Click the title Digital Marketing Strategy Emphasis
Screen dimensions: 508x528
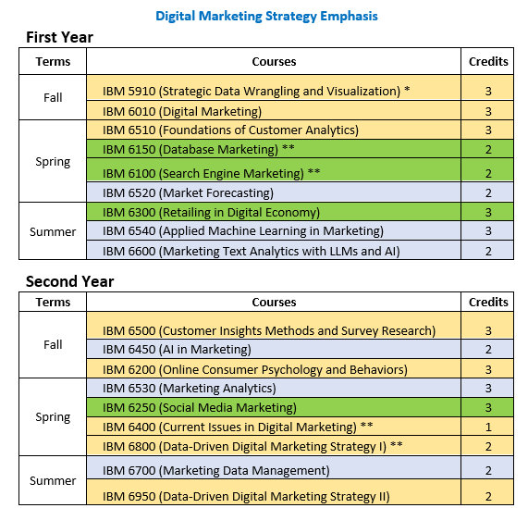[266, 16]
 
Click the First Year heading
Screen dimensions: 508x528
[59, 37]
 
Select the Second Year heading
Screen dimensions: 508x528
[69, 281]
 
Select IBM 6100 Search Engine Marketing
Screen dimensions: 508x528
[211, 173]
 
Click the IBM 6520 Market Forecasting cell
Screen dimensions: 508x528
[188, 192]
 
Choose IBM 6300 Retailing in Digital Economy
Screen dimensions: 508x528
[211, 212]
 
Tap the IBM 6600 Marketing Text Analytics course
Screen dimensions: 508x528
[251, 251]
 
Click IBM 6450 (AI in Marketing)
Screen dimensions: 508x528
[177, 349]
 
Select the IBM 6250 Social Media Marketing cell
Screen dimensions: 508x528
[199, 407]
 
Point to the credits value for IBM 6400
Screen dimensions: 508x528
[488, 427]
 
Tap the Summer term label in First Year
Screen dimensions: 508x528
[53, 231]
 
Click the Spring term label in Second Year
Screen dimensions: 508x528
[53, 416]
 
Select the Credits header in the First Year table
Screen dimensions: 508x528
[488, 62]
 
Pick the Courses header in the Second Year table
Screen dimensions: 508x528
[274, 303]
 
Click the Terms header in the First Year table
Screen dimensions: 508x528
[53, 62]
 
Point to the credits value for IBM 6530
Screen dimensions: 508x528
[488, 388]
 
